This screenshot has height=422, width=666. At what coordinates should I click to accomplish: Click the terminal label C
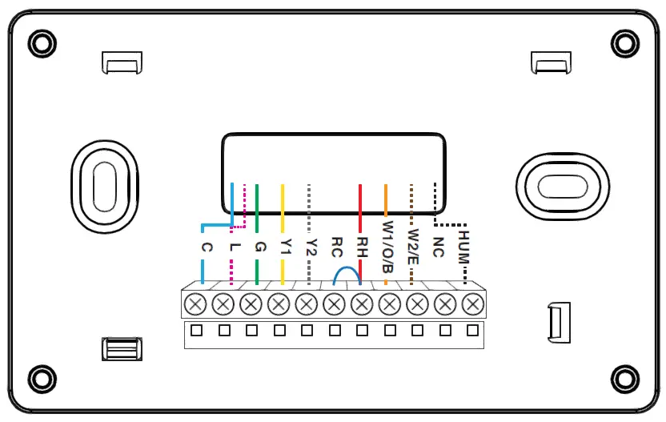[207, 248]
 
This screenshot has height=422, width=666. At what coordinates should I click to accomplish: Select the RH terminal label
[362, 245]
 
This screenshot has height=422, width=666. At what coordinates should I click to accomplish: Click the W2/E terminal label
[413, 248]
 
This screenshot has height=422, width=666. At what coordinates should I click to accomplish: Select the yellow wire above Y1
[283, 208]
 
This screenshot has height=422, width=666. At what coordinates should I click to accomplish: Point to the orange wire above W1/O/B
[386, 200]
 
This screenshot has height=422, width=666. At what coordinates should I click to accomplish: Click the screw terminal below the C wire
[196, 304]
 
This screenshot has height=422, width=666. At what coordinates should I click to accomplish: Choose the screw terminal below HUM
[474, 304]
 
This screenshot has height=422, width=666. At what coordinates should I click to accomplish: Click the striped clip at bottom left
[122, 350]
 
